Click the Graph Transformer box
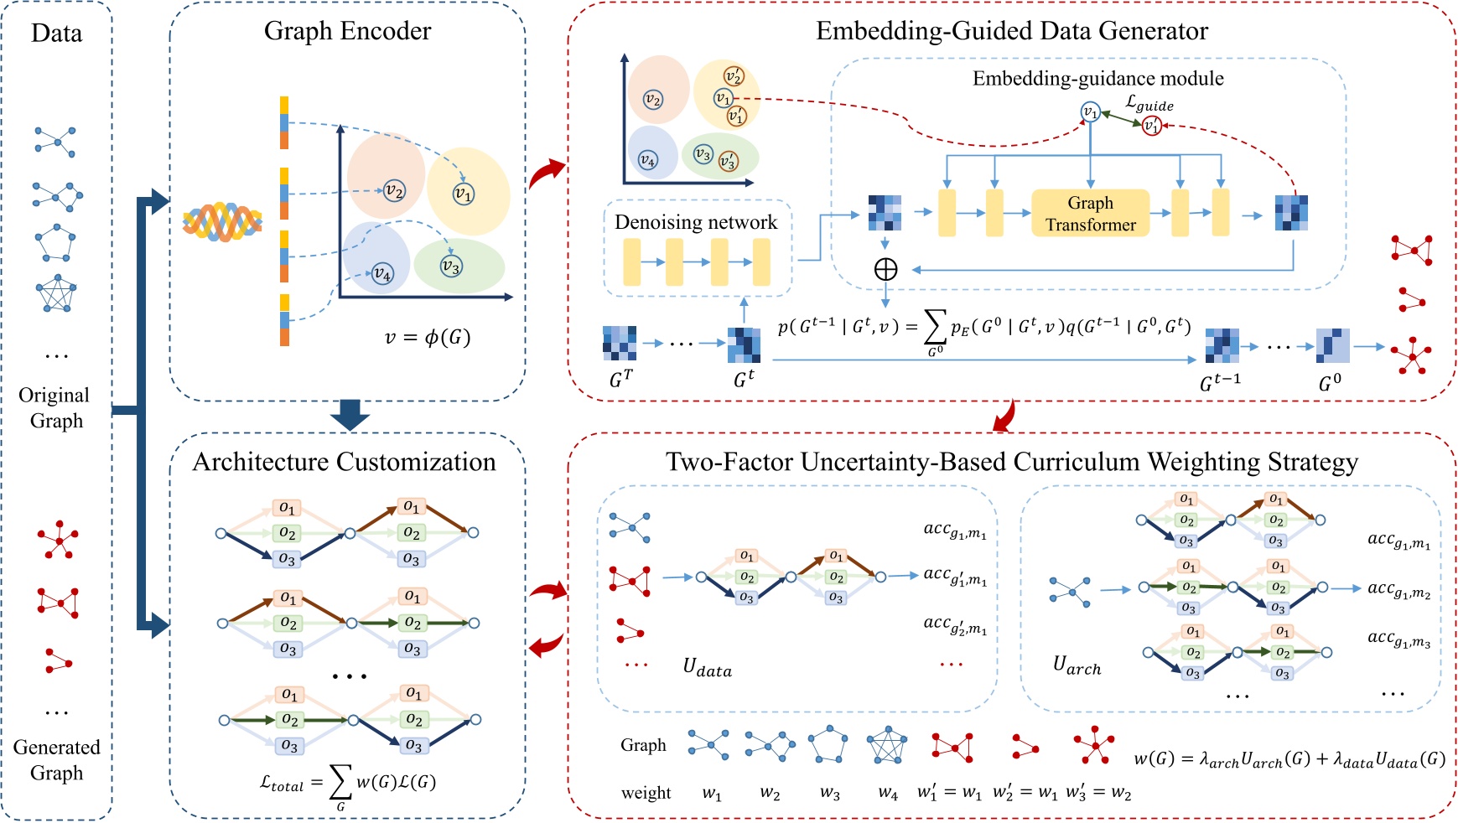tap(1090, 214)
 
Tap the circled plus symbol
tap(885, 269)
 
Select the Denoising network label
tap(696, 222)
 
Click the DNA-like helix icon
tap(222, 222)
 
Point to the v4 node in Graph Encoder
tap(382, 273)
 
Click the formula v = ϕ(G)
tap(428, 337)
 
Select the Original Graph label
tap(54, 407)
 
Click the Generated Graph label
tap(56, 759)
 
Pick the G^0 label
tap(1330, 383)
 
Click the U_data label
tap(707, 668)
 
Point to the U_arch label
tap(1077, 666)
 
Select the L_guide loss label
tap(1149, 103)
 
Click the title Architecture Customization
tap(344, 462)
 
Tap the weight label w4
tap(888, 793)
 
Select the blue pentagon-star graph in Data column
tap(56, 293)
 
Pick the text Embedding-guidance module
tap(1097, 79)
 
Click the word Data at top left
tap(56, 34)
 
